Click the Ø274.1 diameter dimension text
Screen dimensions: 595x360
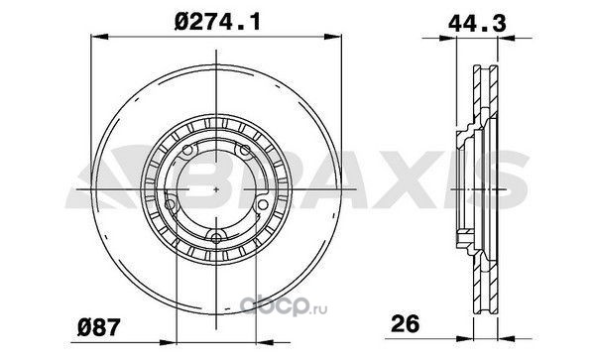tap(218, 22)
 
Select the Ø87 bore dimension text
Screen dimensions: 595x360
tap(98, 327)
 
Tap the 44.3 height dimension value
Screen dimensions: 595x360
tap(477, 24)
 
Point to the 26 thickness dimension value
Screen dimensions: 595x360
tap(406, 323)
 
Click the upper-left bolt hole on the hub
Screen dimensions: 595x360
tap(187, 151)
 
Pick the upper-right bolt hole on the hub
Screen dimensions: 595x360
tap(245, 151)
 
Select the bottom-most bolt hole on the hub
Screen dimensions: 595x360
tap(216, 238)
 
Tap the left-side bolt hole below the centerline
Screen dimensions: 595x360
tap(171, 205)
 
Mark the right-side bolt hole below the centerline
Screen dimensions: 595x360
tap(263, 205)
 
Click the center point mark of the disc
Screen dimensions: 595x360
tap(216, 188)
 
